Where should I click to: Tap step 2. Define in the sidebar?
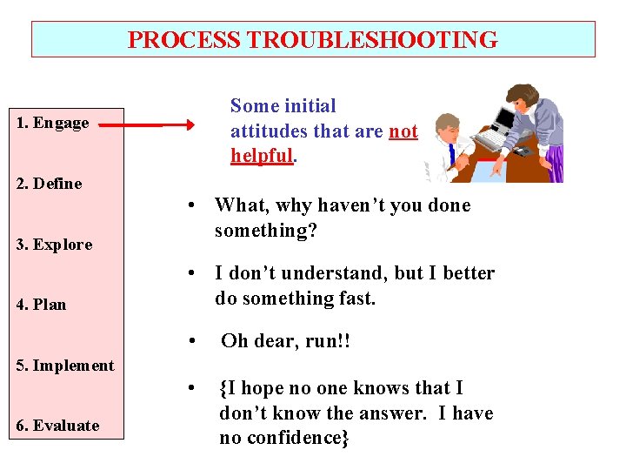49,184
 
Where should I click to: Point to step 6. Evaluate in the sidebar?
56,426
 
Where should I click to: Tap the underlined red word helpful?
263,156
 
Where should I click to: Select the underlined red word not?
403,131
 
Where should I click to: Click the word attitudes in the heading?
264,131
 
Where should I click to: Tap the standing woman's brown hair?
523,93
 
